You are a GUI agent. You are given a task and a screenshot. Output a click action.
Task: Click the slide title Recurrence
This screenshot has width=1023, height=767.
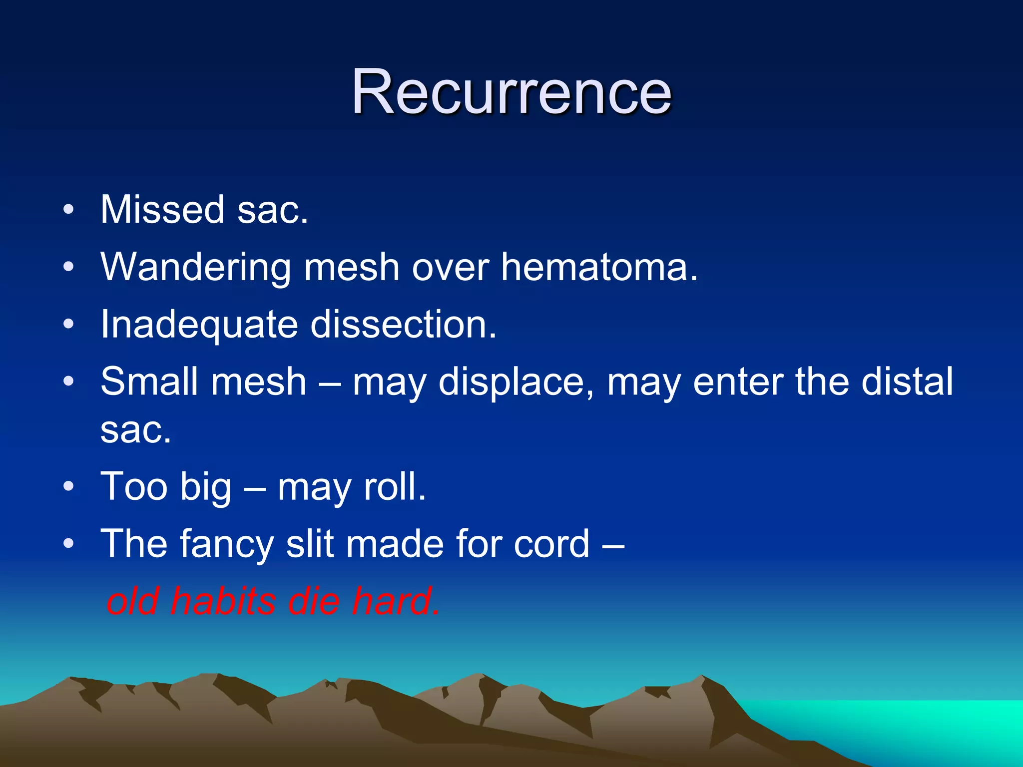[x=511, y=92]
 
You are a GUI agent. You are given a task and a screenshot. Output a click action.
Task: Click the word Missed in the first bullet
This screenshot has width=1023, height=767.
[x=162, y=210]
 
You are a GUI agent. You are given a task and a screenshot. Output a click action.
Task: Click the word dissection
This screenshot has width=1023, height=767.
[x=404, y=325]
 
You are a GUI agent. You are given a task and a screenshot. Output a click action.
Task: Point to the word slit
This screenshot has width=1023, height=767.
[x=309, y=544]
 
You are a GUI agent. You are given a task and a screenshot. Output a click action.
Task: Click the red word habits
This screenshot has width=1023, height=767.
[x=223, y=601]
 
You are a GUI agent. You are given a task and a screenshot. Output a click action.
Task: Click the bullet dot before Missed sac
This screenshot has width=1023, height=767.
[x=69, y=210]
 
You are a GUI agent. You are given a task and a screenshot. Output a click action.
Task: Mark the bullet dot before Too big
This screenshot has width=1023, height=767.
[x=69, y=486]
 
